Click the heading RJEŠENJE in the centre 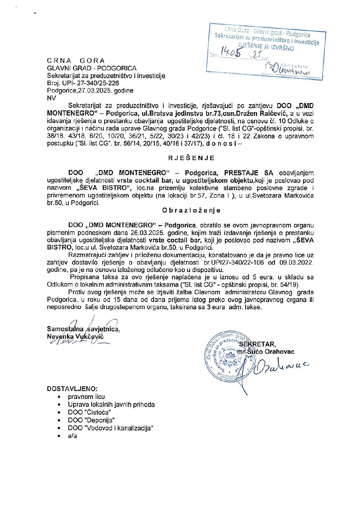click(x=192, y=158)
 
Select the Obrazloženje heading click(x=191, y=210)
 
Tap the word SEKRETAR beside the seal click(x=257, y=344)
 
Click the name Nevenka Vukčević click(x=75, y=337)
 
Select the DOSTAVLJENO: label click(x=72, y=389)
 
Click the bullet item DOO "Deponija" click(x=91, y=420)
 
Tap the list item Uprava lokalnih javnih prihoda click(x=111, y=405)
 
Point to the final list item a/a click(x=72, y=436)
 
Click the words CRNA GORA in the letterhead click(x=76, y=61)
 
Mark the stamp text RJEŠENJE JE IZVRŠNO click(x=266, y=47)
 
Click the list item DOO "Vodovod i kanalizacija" click(x=111, y=428)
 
